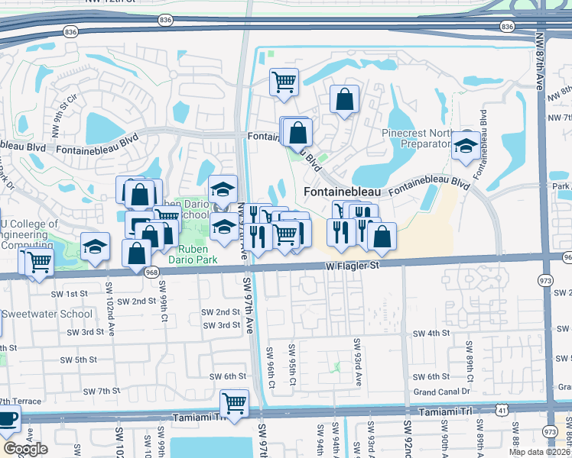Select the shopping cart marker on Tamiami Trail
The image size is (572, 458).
(234, 402)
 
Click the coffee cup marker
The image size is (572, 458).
(7, 419)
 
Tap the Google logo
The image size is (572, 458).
(25, 449)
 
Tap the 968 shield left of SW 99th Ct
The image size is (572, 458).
(150, 273)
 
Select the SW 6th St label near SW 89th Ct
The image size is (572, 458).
(431, 377)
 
